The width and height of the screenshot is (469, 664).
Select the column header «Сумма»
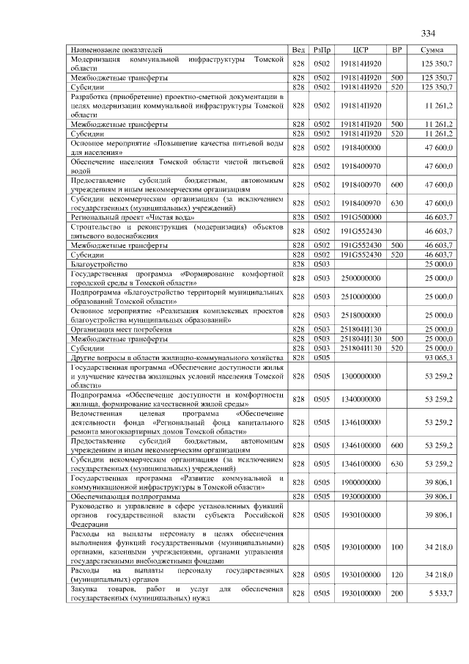(432, 49)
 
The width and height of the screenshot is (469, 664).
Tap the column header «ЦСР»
(359, 49)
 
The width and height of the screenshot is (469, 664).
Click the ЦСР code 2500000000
(359, 278)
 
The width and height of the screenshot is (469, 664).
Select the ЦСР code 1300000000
(359, 376)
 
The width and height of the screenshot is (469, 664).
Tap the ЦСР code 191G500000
(359, 218)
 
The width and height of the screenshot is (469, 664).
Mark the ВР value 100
(397, 547)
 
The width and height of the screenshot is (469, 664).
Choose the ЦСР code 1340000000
(359, 399)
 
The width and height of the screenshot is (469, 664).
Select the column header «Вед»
(298, 49)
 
